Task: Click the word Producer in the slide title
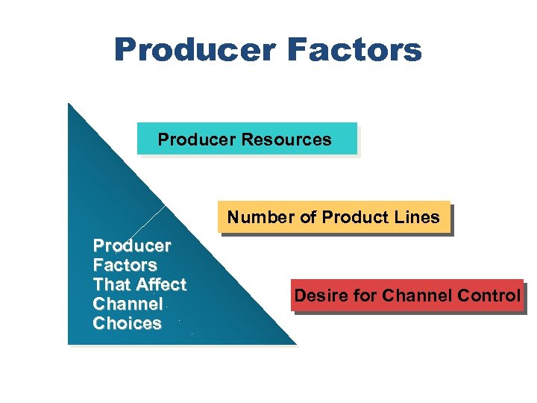coord(195,51)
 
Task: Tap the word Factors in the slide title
coord(354,51)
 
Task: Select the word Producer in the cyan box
coord(195,140)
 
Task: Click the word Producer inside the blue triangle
coord(132,246)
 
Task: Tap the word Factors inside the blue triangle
coord(125,265)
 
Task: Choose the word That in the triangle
coord(112,284)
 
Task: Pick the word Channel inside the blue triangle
coord(128,304)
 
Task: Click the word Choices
coord(127,323)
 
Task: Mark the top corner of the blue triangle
coord(69,105)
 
